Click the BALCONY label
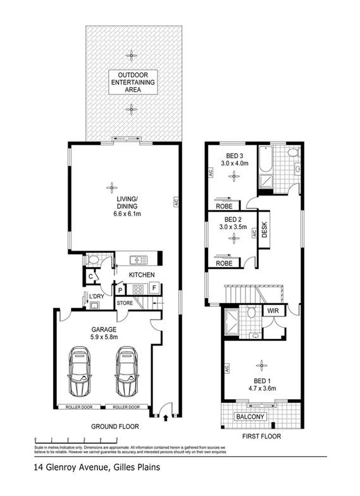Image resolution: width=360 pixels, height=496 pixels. pyautogui.click(x=251, y=417)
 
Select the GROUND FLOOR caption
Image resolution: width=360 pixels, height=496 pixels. pyautogui.click(x=114, y=427)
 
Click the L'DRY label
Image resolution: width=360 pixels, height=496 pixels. pyautogui.click(x=96, y=296)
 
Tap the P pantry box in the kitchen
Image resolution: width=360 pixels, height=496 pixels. pyautogui.click(x=120, y=290)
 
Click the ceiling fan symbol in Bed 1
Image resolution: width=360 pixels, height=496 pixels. pyautogui.click(x=260, y=364)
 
